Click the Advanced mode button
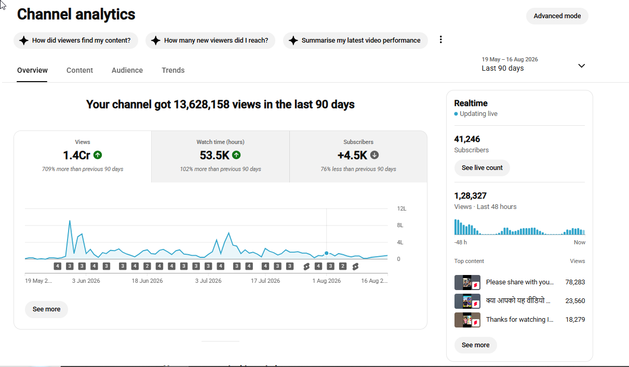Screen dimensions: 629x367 click(557, 16)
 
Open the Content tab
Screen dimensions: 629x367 click(79, 70)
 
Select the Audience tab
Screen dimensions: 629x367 click(127, 70)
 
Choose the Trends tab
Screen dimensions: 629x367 click(173, 70)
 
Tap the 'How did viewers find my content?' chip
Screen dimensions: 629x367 click(76, 41)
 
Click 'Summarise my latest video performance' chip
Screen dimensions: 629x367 click(355, 41)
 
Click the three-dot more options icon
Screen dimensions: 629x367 click(441, 40)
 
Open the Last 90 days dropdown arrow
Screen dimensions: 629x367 click(582, 65)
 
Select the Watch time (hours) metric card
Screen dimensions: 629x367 click(220, 156)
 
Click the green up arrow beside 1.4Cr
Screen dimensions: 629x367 click(98, 155)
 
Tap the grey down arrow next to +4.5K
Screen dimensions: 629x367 click(374, 155)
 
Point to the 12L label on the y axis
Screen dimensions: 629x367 click(402, 208)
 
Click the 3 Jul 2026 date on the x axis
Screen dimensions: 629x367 click(208, 281)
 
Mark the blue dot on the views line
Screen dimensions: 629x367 click(326, 253)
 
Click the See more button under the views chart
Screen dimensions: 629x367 click(46, 309)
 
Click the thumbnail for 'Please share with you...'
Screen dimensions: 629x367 click(467, 282)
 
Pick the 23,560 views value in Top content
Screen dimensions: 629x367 click(575, 301)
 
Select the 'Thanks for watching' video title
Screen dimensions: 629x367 click(520, 320)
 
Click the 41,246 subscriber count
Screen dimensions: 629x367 click(467, 139)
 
